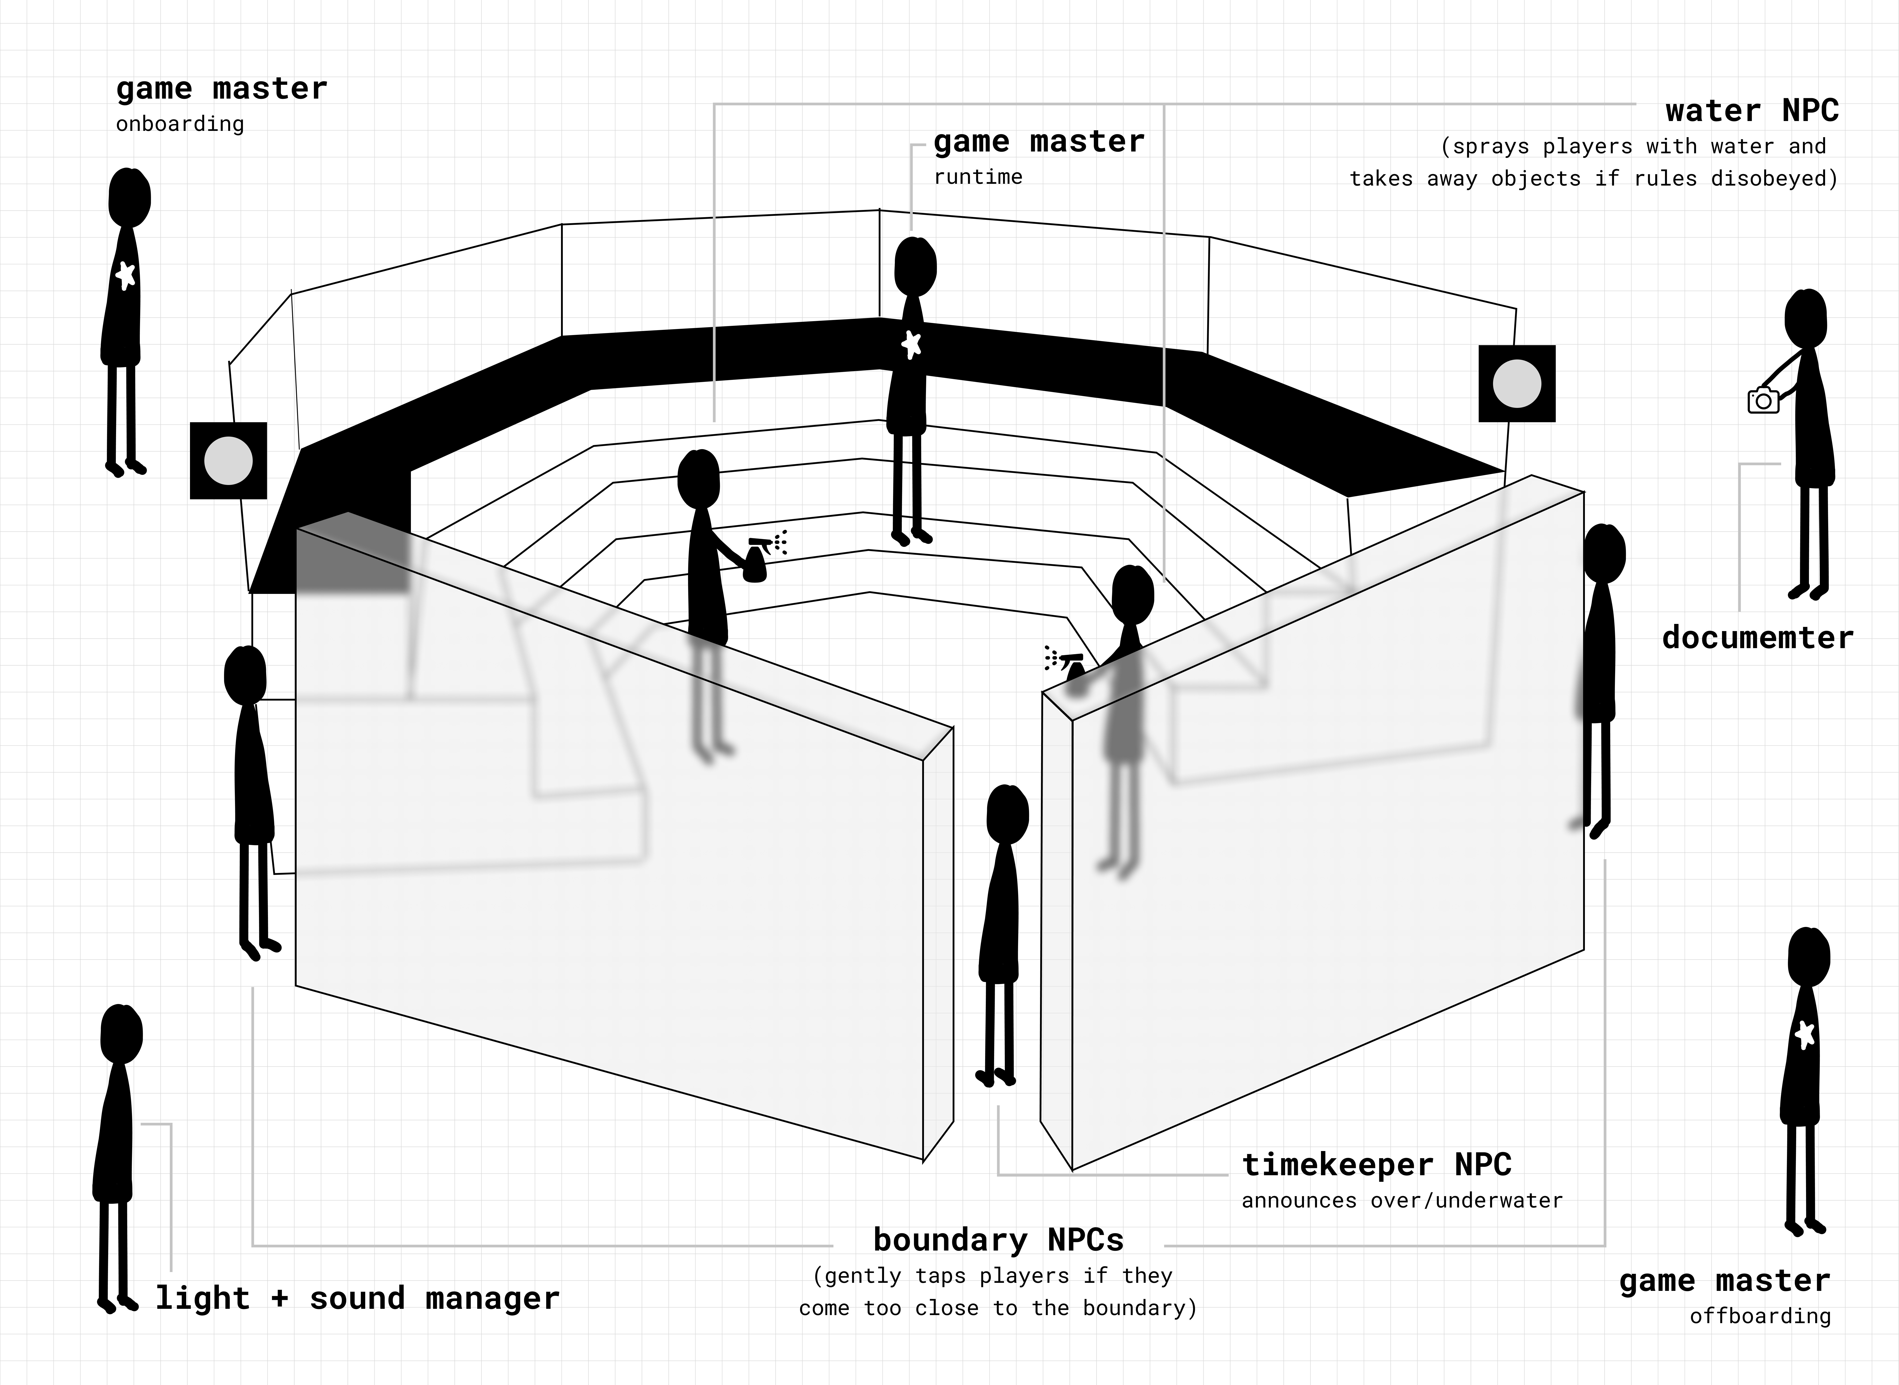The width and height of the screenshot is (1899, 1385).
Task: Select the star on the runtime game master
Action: click(x=912, y=344)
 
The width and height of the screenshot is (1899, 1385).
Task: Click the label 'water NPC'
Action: click(x=1752, y=111)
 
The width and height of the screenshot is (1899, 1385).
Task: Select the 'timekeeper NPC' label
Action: click(x=1376, y=1164)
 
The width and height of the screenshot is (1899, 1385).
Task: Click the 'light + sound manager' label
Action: click(x=357, y=1298)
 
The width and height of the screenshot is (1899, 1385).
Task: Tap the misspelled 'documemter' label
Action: click(x=1757, y=638)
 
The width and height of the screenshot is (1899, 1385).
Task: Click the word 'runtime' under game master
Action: click(x=978, y=177)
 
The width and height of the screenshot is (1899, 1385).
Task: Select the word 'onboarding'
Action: click(x=180, y=124)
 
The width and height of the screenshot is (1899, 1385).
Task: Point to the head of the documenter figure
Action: click(x=1805, y=319)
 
